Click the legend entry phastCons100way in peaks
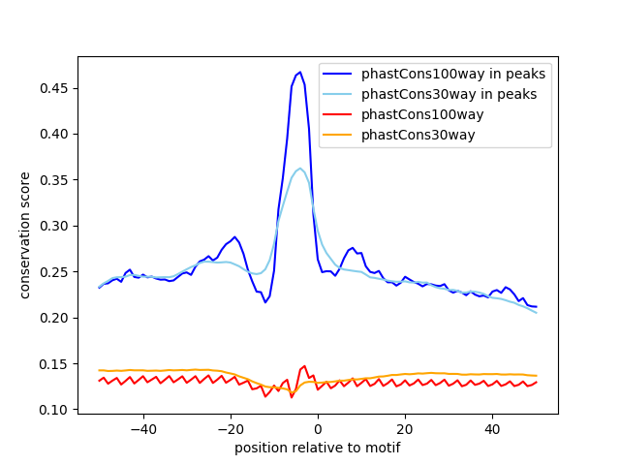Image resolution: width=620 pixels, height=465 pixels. (452, 74)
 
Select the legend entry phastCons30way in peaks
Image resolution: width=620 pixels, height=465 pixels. (449, 94)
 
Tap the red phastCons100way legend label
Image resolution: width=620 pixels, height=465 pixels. (421, 114)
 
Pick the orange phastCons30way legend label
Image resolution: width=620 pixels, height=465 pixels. (418, 135)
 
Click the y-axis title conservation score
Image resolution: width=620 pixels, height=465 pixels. (26, 234)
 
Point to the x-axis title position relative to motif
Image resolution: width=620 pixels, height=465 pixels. (317, 448)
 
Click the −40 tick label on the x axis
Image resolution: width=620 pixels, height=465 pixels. (142, 428)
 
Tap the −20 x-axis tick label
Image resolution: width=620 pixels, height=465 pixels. (230, 428)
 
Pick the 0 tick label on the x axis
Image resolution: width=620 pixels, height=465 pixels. (318, 428)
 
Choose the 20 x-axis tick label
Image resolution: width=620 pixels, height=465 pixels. (405, 428)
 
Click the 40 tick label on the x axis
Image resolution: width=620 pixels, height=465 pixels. (492, 428)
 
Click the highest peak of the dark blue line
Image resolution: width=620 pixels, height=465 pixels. (300, 72)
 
